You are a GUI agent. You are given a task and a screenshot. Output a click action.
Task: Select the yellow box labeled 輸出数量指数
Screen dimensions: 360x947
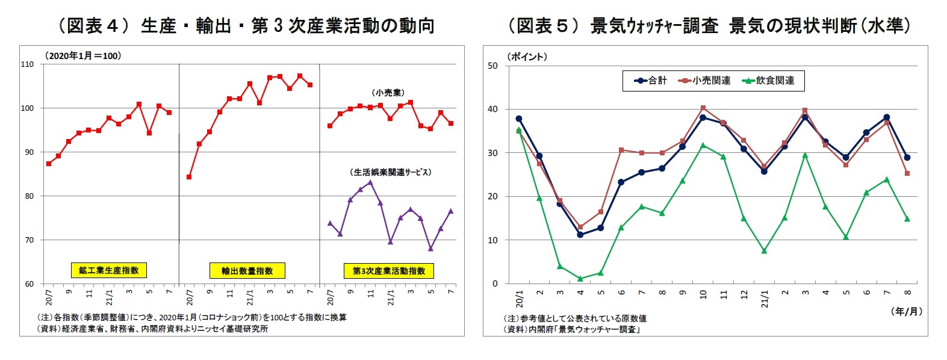tap(247, 271)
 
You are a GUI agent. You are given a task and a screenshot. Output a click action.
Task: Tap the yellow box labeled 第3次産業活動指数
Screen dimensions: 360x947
tap(388, 271)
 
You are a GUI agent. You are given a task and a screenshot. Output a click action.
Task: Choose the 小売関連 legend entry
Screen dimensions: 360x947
tap(705, 81)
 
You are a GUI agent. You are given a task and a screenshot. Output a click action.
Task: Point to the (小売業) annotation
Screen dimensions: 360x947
tap(388, 93)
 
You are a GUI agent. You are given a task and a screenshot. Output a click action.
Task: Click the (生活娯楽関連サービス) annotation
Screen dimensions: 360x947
tap(391, 172)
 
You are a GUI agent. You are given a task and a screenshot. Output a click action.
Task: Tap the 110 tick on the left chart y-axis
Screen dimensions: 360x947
tap(28, 64)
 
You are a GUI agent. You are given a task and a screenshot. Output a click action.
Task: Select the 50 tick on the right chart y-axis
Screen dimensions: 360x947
tap(492, 66)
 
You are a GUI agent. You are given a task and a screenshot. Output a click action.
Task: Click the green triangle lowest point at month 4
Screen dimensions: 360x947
tap(580, 279)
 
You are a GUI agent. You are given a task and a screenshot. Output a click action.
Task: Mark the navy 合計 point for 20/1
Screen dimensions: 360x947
tap(519, 119)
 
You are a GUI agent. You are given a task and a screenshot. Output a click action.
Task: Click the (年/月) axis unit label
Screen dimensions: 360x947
tap(905, 311)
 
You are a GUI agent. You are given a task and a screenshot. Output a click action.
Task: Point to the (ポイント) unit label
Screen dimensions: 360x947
tap(527, 57)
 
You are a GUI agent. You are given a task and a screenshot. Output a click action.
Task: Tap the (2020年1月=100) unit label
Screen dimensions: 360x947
tap(83, 55)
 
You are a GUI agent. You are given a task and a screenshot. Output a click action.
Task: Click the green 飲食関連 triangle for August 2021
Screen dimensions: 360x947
tap(907, 219)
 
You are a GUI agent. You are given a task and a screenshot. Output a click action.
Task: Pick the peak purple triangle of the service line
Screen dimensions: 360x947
tap(370, 182)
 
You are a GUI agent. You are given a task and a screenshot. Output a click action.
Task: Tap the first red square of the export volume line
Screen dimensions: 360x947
tap(189, 177)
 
